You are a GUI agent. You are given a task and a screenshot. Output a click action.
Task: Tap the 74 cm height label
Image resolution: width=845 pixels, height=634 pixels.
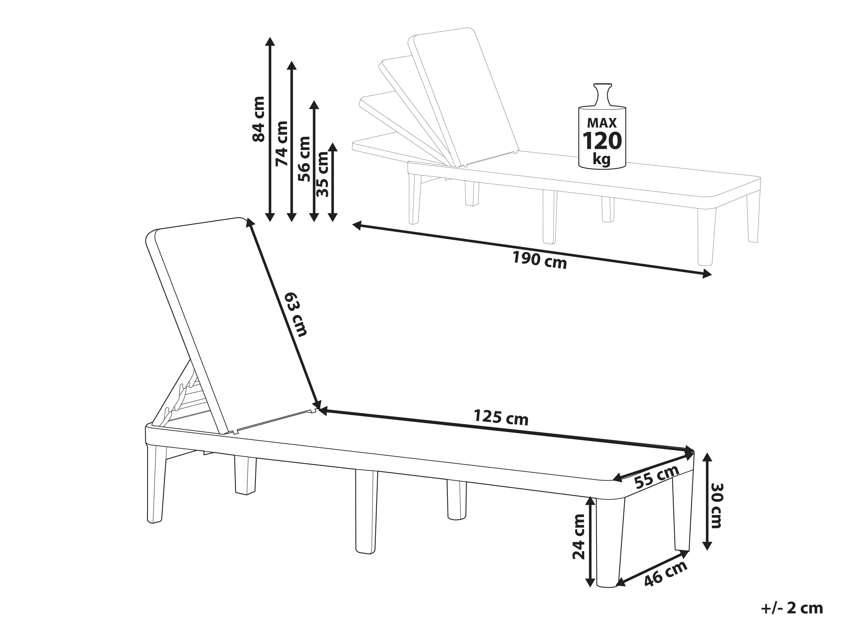pyautogui.click(x=282, y=143)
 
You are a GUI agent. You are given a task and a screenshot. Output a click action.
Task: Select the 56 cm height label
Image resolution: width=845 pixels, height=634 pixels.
pyautogui.click(x=304, y=159)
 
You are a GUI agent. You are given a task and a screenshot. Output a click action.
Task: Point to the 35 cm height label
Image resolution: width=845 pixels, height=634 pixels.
pyautogui.click(x=323, y=174)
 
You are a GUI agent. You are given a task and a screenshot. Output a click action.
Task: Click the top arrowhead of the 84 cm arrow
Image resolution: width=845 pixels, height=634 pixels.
pyautogui.click(x=270, y=41)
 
